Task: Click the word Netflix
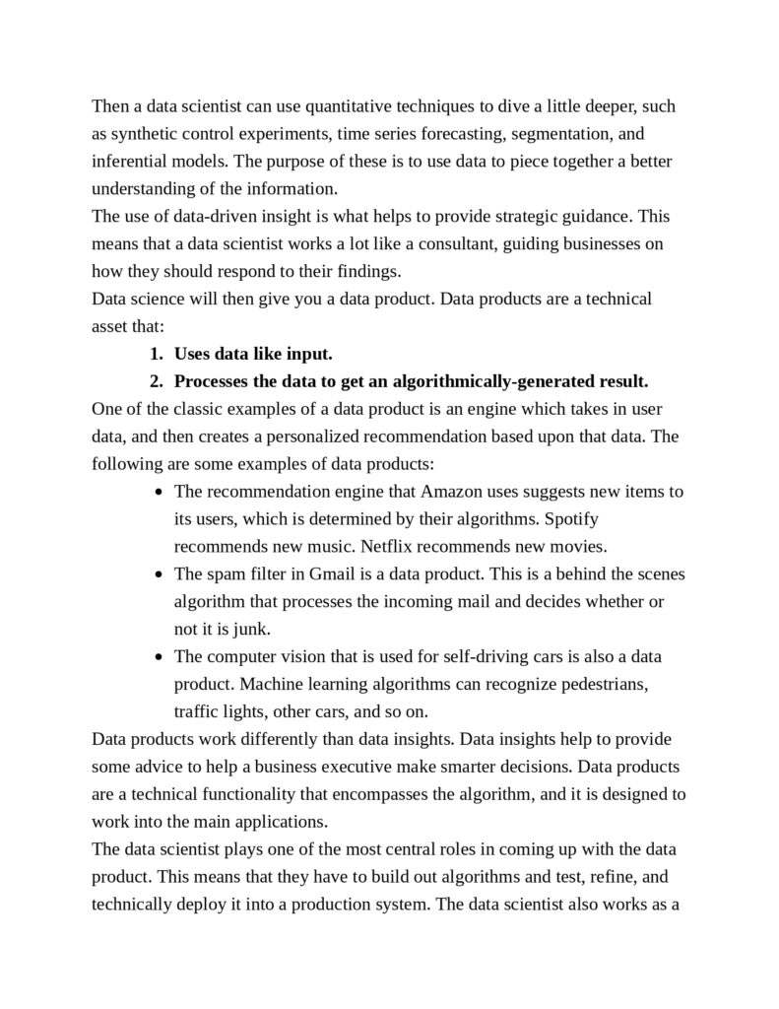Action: [x=390, y=546]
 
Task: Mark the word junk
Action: [x=250, y=629]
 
